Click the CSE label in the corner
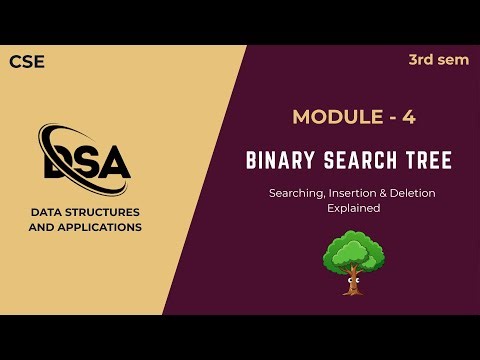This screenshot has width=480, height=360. pos(27,62)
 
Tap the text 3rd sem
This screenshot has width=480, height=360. pos(438,60)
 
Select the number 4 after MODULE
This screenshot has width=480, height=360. pos(407,117)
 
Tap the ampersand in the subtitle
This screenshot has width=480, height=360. pos(394,192)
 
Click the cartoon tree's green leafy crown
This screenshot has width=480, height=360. pos(353,250)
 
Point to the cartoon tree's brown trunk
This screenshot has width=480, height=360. pos(353,281)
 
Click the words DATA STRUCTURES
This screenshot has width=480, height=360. pos(85,212)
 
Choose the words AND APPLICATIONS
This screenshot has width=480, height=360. pos(85,227)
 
